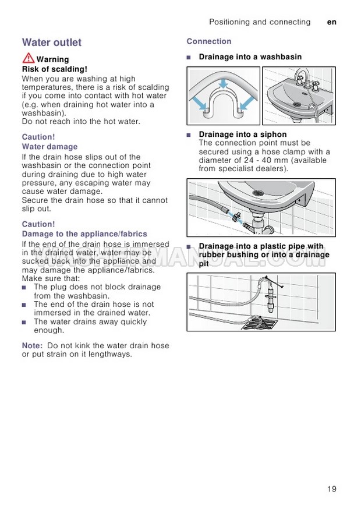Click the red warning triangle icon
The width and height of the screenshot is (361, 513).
pos(29,58)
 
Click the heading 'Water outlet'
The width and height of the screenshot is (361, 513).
pos(52,42)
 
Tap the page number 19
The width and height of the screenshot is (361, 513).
pos(331,489)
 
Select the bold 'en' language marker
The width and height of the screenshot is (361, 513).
pos(331,22)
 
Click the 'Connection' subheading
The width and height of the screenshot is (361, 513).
pos(209,41)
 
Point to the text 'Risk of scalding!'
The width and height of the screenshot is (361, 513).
pos(55,69)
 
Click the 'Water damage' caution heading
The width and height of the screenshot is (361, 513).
pos(49,147)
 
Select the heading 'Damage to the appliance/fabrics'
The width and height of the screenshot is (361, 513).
pos(84,234)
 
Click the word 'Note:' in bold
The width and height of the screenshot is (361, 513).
pos(33,345)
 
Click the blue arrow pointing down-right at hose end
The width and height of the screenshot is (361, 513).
pos(199,104)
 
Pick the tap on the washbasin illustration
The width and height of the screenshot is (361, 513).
pos(302,77)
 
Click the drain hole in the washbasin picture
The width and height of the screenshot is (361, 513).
pos(297,104)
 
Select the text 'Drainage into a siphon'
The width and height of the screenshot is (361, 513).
pos(243,135)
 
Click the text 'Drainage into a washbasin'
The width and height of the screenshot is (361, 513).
pos(250,57)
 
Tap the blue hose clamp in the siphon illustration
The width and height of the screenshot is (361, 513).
pos(236,216)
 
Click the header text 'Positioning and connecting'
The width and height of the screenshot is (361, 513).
pos(260,22)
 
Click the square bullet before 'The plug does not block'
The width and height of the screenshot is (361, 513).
pos(24,288)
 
